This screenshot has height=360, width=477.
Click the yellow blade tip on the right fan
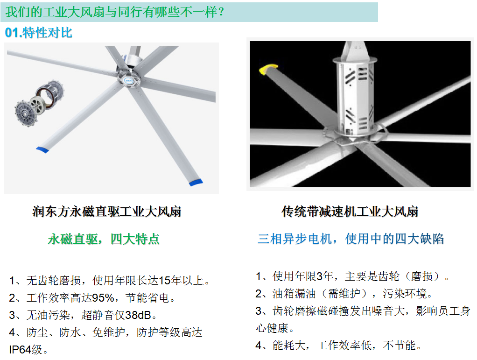pyautogui.click(x=268, y=69)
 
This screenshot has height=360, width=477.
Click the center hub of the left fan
pyautogui.click(x=129, y=79)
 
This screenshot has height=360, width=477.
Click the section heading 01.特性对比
pyautogui.click(x=39, y=33)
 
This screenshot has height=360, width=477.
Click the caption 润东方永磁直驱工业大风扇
pyautogui.click(x=107, y=212)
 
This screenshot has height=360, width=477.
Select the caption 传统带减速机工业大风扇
pyautogui.click(x=350, y=212)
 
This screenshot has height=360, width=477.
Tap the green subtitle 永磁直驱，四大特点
pyautogui.click(x=104, y=239)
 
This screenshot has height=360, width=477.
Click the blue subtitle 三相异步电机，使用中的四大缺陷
pyautogui.click(x=351, y=239)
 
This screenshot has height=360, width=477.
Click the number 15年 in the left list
pyautogui.click(x=170, y=280)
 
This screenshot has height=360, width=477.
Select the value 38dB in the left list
pyautogui.click(x=138, y=315)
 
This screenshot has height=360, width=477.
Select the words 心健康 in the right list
pyautogui.click(x=272, y=328)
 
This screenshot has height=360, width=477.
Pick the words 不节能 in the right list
pyautogui.click(x=399, y=346)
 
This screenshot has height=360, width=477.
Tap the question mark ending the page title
pyautogui.click(x=221, y=12)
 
